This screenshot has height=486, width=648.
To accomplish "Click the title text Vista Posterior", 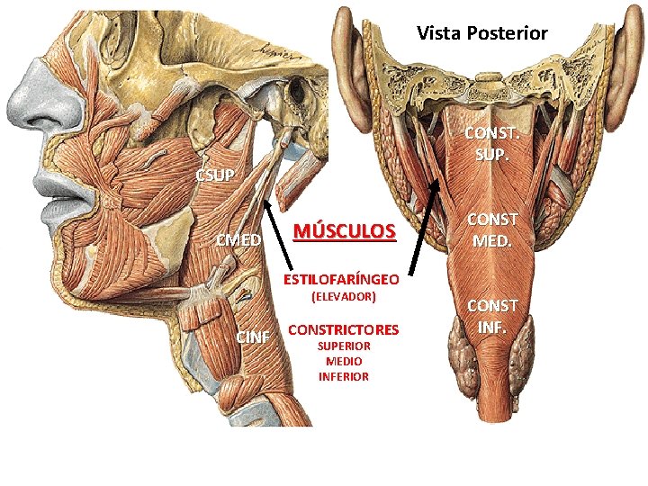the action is tap(481, 33).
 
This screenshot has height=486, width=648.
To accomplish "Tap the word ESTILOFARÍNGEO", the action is tap(342, 277).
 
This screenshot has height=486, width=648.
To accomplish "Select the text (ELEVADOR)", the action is tap(342, 295).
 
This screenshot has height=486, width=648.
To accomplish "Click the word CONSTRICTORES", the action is tap(343, 330).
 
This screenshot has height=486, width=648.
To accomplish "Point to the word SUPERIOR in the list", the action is tap(343, 346).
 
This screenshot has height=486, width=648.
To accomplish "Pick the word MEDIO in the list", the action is tap(343, 361).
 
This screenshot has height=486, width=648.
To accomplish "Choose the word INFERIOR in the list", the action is tap(343, 376).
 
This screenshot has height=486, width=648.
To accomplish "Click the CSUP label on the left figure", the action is tap(215, 174).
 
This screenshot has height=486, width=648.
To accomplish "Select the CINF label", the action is tap(252, 337).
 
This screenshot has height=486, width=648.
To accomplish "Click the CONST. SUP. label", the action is tap(491, 145).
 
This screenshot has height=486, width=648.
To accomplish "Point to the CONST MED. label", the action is tap(491, 230).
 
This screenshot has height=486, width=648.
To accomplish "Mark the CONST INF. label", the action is tap(491, 317).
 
